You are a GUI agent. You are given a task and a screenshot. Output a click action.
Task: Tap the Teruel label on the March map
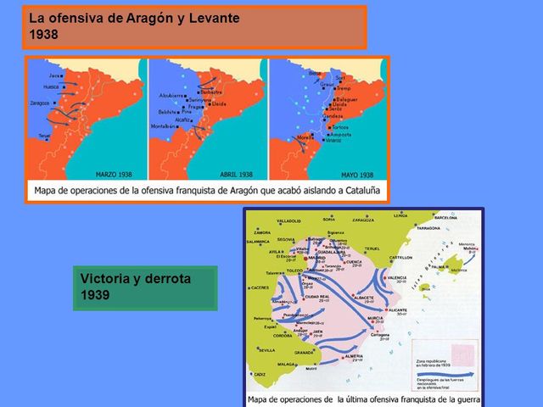tap(46, 136)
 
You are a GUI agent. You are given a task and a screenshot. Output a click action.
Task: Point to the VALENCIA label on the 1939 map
tap(399, 277)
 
